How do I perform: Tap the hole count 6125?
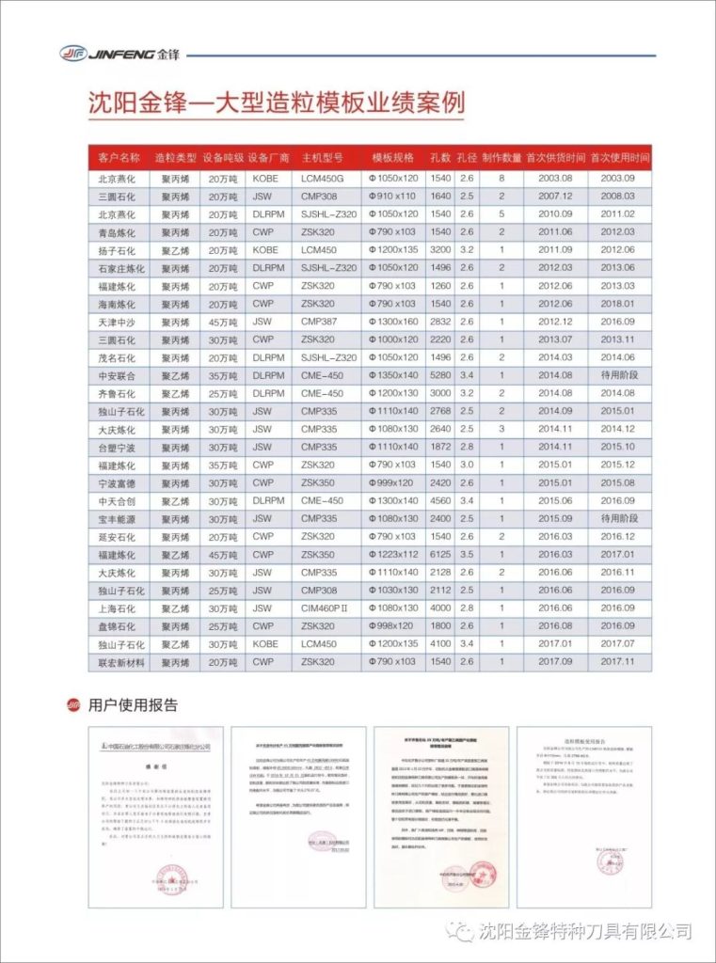440,555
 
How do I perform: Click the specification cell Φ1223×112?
392,555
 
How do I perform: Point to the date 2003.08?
555,178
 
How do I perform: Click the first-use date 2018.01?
617,304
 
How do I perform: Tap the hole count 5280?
440,375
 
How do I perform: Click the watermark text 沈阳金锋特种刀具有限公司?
584,932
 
